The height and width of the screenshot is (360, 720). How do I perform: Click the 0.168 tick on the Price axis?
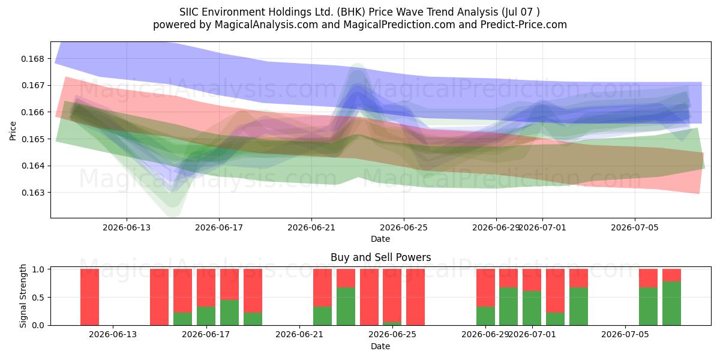pyautogui.click(x=32, y=59)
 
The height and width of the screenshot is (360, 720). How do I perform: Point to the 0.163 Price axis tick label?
pyautogui.click(x=32, y=193)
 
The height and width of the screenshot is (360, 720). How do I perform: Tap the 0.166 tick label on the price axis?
pyautogui.click(x=32, y=112)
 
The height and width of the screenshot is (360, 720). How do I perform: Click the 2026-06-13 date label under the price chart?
pyautogui.click(x=127, y=227)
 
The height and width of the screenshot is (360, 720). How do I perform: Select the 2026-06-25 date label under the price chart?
pyautogui.click(x=404, y=227)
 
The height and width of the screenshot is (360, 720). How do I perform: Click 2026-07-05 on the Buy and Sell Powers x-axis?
pyautogui.click(x=625, y=334)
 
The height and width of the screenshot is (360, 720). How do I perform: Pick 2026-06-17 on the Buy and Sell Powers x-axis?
pyautogui.click(x=206, y=334)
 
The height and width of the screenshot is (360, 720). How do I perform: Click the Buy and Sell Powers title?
pyautogui.click(x=380, y=257)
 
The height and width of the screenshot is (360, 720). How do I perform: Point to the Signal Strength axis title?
pyautogui.click(x=23, y=296)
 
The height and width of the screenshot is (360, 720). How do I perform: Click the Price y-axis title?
pyautogui.click(x=13, y=131)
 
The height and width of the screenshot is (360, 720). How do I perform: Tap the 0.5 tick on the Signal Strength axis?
pyautogui.click(x=38, y=298)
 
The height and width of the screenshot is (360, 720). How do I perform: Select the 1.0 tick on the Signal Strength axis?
pyautogui.click(x=38, y=269)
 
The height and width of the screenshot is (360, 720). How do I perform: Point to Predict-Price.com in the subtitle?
pyautogui.click(x=524, y=25)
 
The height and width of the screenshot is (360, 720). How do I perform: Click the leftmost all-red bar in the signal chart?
pyautogui.click(x=89, y=297)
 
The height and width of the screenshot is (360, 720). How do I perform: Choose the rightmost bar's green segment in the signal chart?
pyautogui.click(x=671, y=304)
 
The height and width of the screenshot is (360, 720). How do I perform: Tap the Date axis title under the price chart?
pyautogui.click(x=380, y=239)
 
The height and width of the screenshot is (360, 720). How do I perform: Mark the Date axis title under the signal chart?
pyautogui.click(x=380, y=346)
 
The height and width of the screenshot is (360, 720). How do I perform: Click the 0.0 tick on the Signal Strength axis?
pyautogui.click(x=38, y=325)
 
